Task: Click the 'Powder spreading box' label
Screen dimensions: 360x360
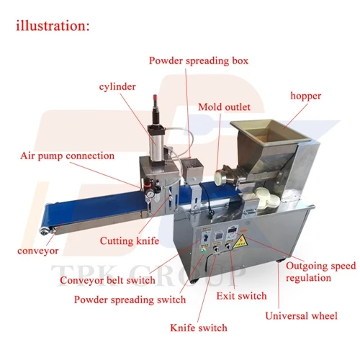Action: tap(199, 60)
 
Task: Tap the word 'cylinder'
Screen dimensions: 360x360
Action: tap(117, 87)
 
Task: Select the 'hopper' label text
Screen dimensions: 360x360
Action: tap(306, 96)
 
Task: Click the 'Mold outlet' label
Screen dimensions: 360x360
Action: tap(225, 107)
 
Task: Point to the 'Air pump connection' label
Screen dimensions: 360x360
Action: tap(68, 156)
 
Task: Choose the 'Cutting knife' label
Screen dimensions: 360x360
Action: tap(130, 240)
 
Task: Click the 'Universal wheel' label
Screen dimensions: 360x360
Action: tap(302, 316)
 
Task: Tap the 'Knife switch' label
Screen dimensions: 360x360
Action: tap(199, 328)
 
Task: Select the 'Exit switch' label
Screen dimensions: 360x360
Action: tap(241, 296)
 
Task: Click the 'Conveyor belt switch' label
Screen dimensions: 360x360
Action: tap(107, 280)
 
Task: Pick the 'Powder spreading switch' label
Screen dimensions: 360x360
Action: tap(130, 300)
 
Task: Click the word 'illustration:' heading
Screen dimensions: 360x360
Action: tap(53, 26)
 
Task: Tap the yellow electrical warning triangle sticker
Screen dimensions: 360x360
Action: tap(240, 241)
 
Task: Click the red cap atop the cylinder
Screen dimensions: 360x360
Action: tap(156, 99)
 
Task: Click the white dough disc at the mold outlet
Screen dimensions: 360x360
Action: tap(219, 178)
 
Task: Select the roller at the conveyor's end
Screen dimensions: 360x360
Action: tap(44, 231)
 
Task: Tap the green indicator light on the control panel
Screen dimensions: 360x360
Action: tap(204, 251)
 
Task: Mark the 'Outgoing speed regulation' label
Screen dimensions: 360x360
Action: tap(320, 272)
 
